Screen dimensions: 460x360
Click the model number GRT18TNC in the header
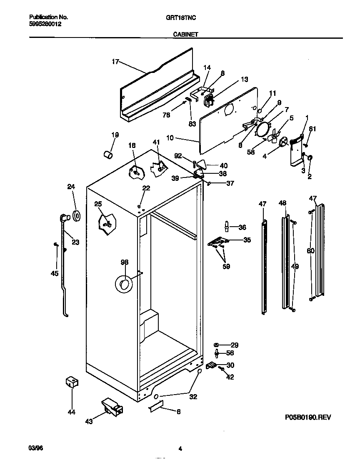click(184, 17)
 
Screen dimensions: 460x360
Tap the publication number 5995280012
click(45, 24)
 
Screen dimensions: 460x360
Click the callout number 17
click(115, 62)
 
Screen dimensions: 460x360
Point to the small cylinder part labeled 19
click(108, 155)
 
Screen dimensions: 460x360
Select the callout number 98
click(124, 262)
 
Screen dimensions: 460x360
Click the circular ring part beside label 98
click(123, 284)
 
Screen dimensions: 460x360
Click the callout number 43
click(88, 422)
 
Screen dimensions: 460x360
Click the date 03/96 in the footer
click(35, 448)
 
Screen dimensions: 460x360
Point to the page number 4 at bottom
click(180, 449)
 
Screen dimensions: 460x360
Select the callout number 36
click(242, 227)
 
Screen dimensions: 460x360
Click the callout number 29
click(234, 345)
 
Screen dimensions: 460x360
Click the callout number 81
click(312, 129)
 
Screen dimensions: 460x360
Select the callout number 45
click(55, 273)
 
